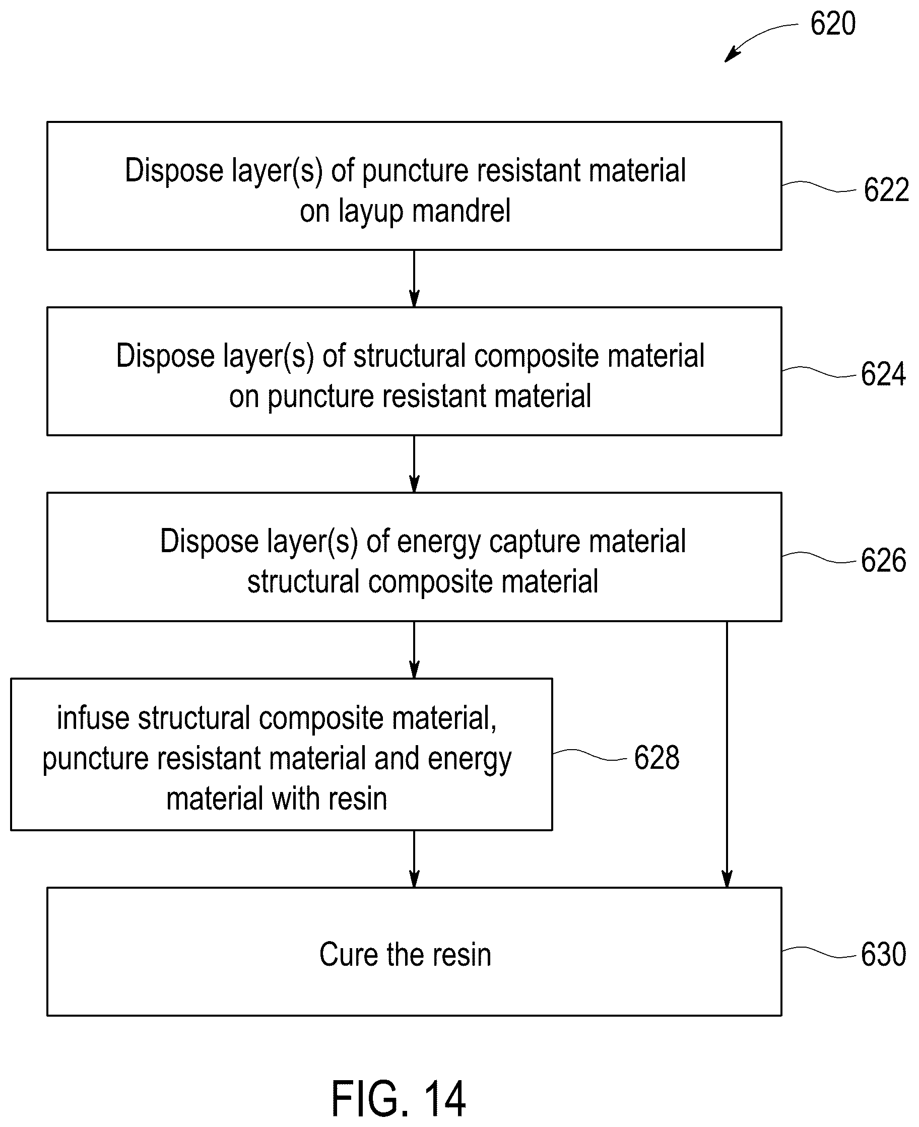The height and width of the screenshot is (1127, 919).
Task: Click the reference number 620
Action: (x=833, y=24)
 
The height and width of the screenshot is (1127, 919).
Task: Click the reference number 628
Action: (x=657, y=758)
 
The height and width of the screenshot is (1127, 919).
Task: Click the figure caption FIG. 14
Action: (x=398, y=1098)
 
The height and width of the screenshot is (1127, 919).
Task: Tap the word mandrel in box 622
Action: (x=461, y=211)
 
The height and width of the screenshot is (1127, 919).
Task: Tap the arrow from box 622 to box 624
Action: (x=414, y=279)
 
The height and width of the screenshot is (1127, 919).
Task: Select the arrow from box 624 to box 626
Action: (x=414, y=464)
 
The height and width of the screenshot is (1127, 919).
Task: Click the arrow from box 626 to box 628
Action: (x=414, y=650)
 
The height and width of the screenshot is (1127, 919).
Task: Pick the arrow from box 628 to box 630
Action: (x=414, y=858)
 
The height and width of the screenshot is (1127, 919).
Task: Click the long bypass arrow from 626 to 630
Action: (x=727, y=754)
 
